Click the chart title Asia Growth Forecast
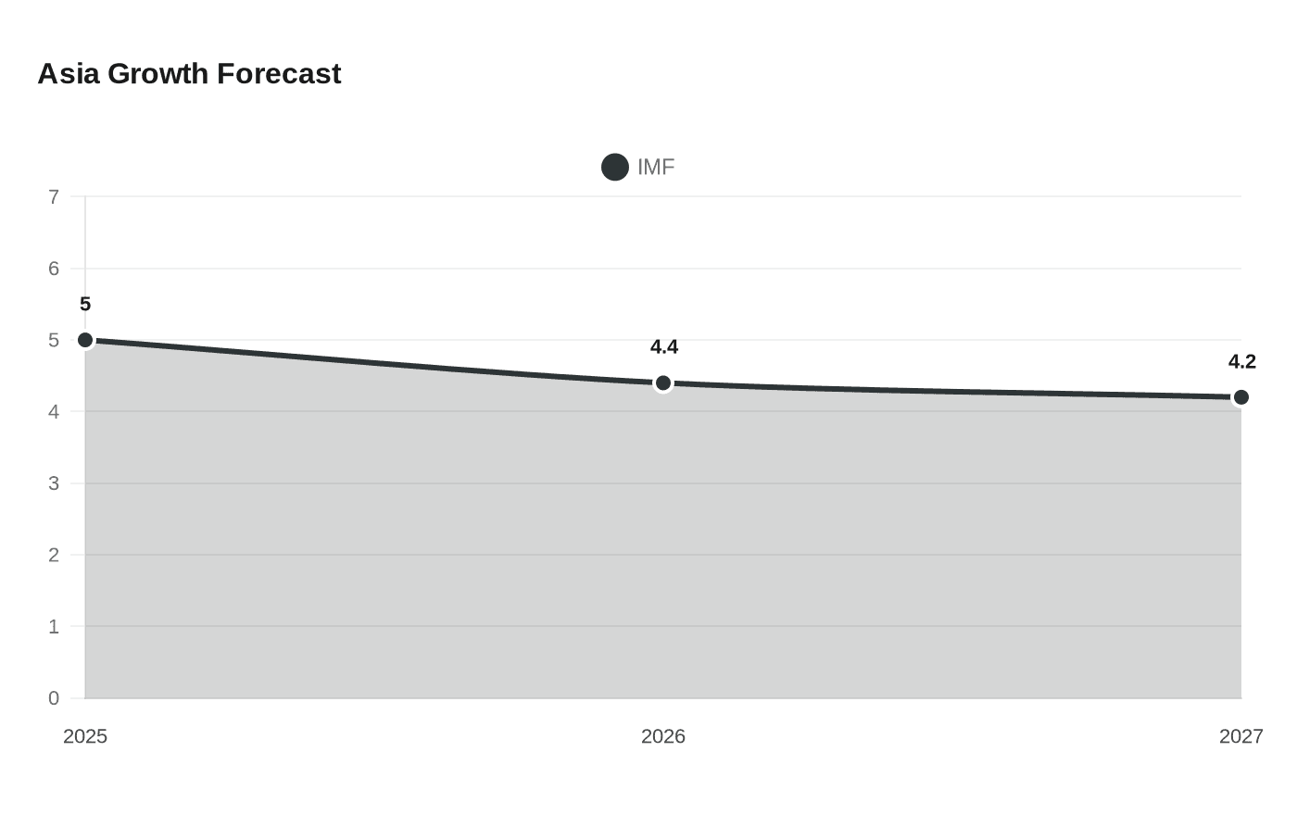pyautogui.click(x=189, y=74)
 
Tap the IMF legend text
pyautogui.click(x=656, y=167)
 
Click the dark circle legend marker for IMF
pyautogui.click(x=615, y=167)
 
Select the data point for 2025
pyautogui.click(x=85, y=340)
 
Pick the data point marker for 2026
pyautogui.click(x=663, y=382)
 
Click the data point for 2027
pyautogui.click(x=1241, y=397)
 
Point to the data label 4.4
pyautogui.click(x=664, y=347)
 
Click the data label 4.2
pyautogui.click(x=1241, y=362)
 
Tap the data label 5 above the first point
pyautogui.click(x=85, y=305)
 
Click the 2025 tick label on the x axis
pyautogui.click(x=85, y=736)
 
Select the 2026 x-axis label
pyautogui.click(x=663, y=736)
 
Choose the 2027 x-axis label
pyautogui.click(x=1240, y=736)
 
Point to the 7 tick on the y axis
pyautogui.click(x=54, y=197)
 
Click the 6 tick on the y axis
pyautogui.click(x=54, y=269)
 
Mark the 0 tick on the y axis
pyautogui.click(x=54, y=698)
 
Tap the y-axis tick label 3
pyautogui.click(x=54, y=483)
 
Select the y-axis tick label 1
pyautogui.click(x=54, y=627)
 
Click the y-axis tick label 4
pyautogui.click(x=54, y=412)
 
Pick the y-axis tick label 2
pyautogui.click(x=54, y=556)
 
